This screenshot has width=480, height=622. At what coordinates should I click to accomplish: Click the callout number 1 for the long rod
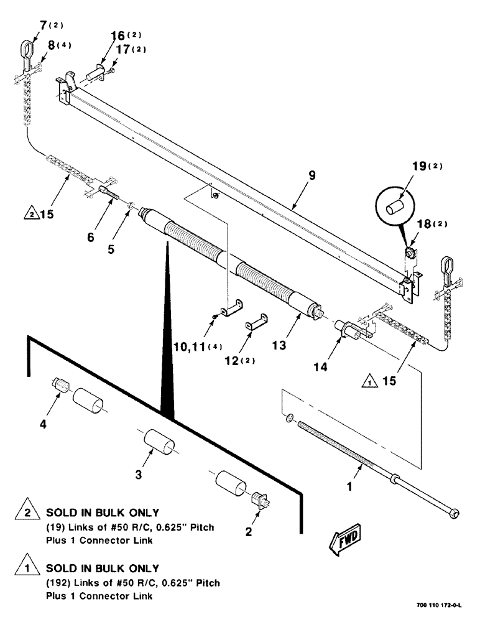[x=349, y=488]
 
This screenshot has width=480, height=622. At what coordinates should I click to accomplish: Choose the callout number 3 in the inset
[x=139, y=475]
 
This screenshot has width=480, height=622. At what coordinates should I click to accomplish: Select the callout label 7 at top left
[x=43, y=25]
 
